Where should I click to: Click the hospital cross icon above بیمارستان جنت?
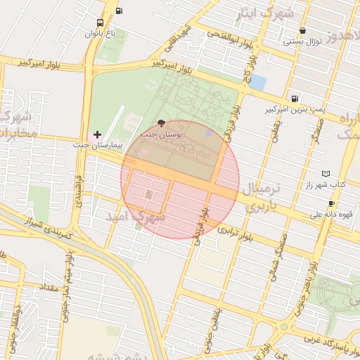97,134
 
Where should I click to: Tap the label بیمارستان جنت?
97,145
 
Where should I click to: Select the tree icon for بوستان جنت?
163,122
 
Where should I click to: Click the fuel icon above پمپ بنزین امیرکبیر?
294,99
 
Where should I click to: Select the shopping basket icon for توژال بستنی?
302,31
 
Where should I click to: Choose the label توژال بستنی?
302,41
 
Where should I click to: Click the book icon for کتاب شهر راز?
325,174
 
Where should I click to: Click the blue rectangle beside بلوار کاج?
257,82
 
